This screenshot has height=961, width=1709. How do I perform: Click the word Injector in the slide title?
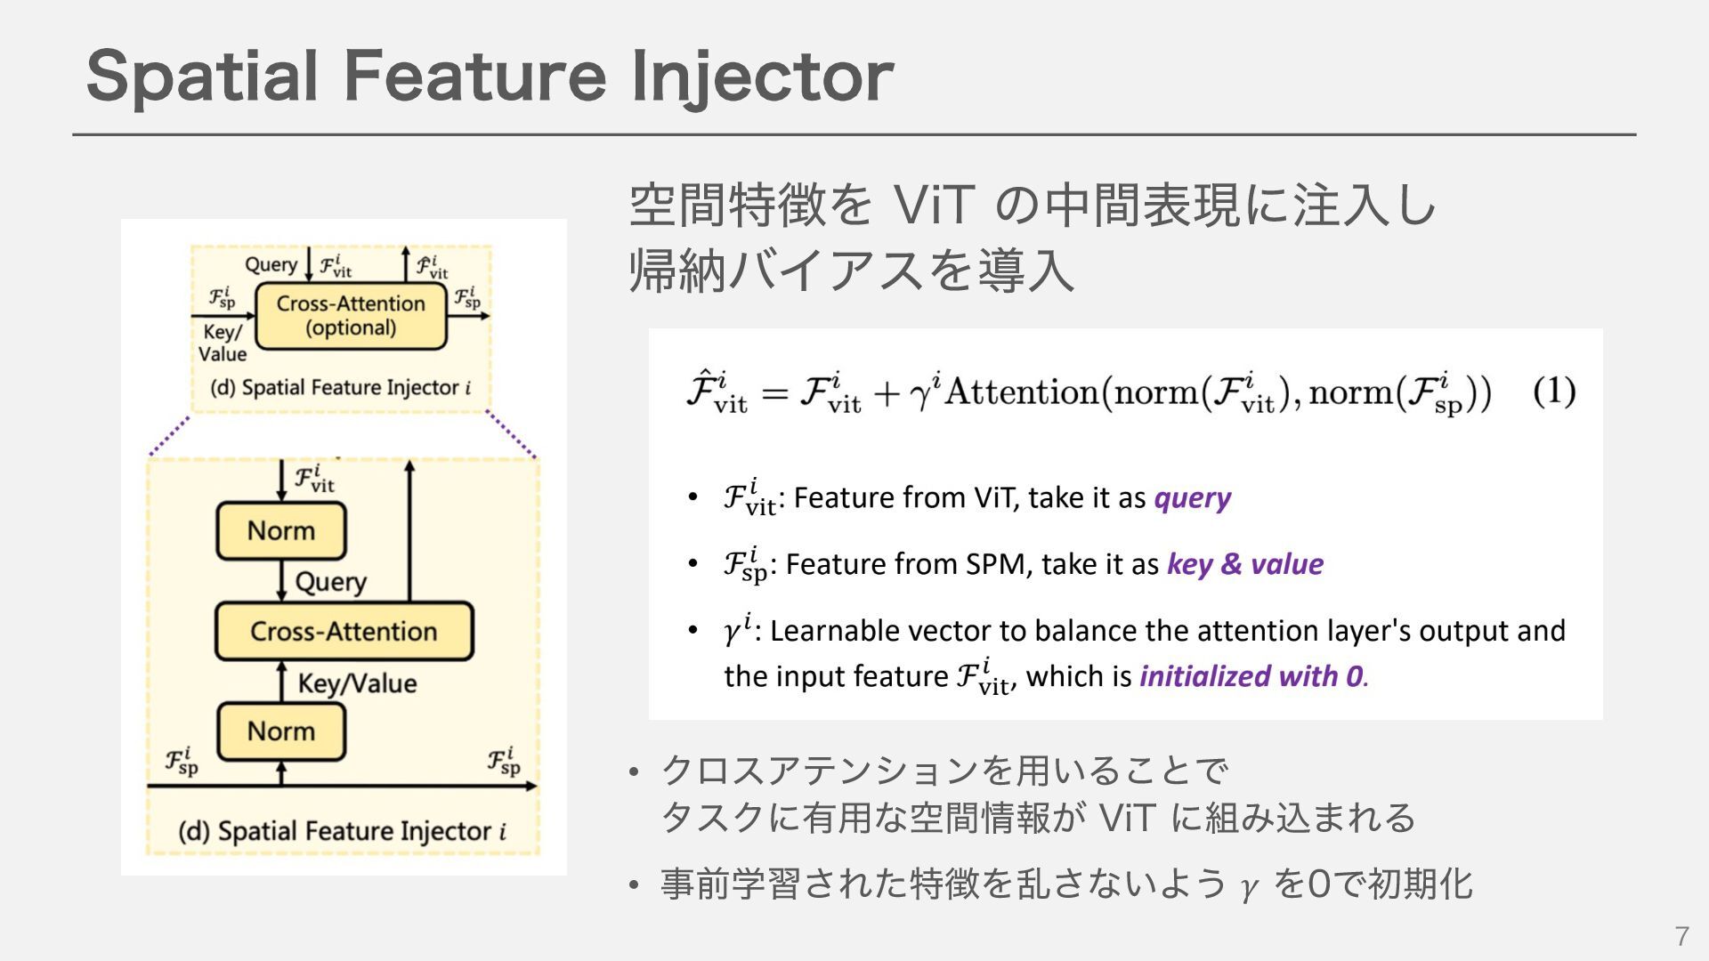[762, 78]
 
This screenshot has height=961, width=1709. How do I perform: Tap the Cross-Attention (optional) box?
[351, 316]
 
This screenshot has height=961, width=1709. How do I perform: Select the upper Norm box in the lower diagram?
[281, 530]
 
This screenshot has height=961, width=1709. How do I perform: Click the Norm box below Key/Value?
[281, 731]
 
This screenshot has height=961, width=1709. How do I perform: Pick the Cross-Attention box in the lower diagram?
[344, 631]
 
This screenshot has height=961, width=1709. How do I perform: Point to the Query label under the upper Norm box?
[330, 582]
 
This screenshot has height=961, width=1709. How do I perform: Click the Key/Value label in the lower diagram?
[357, 683]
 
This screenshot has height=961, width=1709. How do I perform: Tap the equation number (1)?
[1554, 392]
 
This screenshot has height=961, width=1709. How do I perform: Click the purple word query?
[1192, 497]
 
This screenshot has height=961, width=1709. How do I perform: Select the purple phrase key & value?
[1244, 564]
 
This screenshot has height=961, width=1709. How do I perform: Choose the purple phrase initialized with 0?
[1251, 676]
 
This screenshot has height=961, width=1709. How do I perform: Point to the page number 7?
[1681, 936]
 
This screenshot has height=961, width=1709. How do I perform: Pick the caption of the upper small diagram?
[340, 388]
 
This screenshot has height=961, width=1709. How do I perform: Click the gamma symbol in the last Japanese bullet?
[1249, 887]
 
